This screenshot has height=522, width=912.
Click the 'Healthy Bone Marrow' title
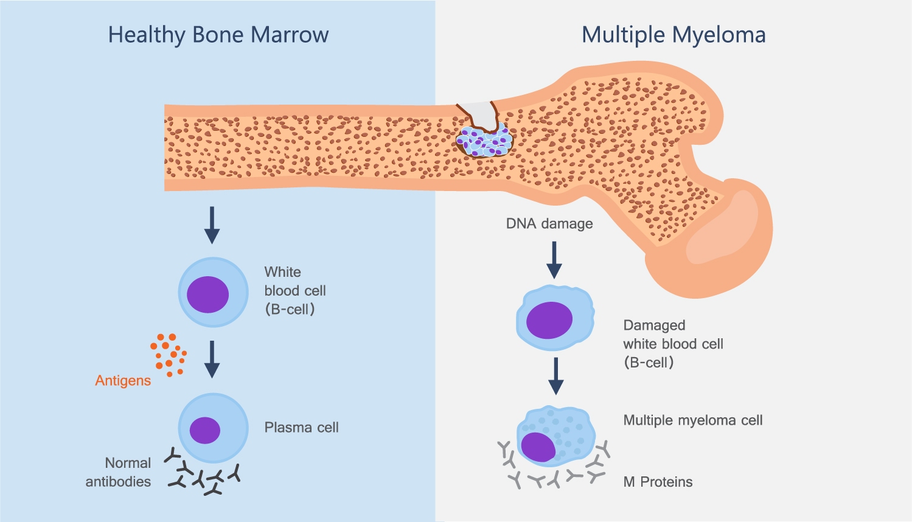[x=218, y=35]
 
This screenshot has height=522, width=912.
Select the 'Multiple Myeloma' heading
[x=674, y=35]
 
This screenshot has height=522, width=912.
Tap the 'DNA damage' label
[x=549, y=224]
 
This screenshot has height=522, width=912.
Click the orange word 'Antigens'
[x=123, y=381]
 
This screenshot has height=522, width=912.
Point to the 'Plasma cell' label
[x=301, y=428]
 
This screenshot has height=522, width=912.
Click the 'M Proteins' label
[x=658, y=482]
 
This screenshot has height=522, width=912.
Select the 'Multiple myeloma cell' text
[x=692, y=420]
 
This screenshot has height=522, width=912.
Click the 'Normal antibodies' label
[x=119, y=472]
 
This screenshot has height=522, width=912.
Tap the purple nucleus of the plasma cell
[x=205, y=430]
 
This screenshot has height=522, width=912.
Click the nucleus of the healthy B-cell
[x=207, y=294]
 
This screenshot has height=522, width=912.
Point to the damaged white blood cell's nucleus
[x=549, y=320]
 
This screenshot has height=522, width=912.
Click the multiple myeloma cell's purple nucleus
[x=538, y=447]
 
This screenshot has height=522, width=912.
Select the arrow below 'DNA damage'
[x=554, y=260]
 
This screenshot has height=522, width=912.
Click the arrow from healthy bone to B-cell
[x=212, y=225]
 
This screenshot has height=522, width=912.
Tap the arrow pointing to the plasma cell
[x=212, y=359]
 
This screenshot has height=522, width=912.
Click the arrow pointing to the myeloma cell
[x=555, y=376]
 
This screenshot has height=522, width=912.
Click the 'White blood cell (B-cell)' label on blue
[x=294, y=291]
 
